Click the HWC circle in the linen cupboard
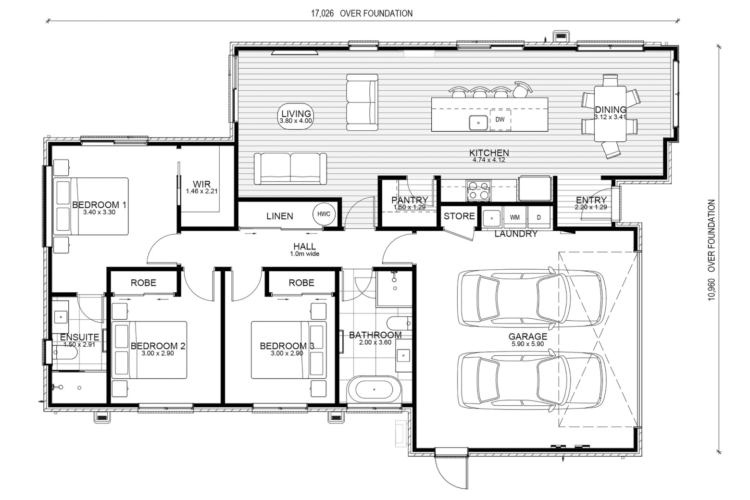click(324, 214)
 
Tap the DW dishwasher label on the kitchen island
click(500, 120)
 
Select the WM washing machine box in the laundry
click(514, 217)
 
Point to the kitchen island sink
click(478, 123)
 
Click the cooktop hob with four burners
click(478, 190)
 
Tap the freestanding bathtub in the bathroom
click(374, 389)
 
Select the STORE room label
click(459, 216)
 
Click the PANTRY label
click(410, 200)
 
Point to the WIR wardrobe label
click(201, 184)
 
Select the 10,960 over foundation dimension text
click(711, 250)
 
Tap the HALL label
click(304, 247)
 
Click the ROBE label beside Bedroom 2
click(143, 283)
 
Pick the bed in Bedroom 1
click(91, 206)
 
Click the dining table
click(610, 114)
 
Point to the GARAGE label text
click(528, 337)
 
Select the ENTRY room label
click(591, 200)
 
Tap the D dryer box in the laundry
click(539, 217)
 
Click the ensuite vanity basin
click(61, 316)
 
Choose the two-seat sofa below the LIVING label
click(290, 169)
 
